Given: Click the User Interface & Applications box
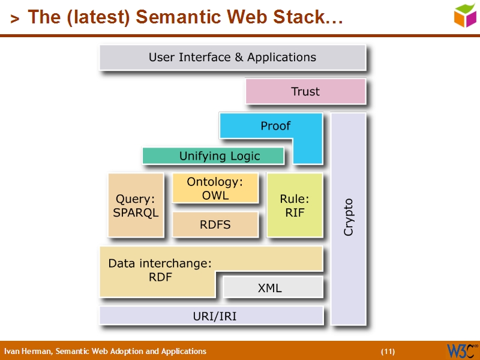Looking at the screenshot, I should [x=232, y=58].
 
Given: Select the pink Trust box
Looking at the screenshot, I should [x=305, y=91].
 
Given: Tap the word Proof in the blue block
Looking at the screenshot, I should [x=275, y=126].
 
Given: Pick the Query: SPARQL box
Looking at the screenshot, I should [x=136, y=205].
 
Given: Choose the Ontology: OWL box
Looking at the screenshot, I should [x=215, y=188].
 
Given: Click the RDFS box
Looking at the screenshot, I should [x=215, y=224].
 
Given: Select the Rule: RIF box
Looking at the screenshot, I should [x=295, y=205].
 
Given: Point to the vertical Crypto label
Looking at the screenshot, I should [x=349, y=217].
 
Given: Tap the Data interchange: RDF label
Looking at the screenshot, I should [x=160, y=270].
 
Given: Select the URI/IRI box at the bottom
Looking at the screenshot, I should [x=211, y=316].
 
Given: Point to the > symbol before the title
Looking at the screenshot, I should [x=14, y=19].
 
